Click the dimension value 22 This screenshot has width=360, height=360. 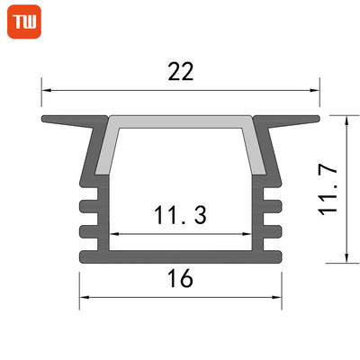point(181,73)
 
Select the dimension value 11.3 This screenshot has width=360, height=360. point(180,217)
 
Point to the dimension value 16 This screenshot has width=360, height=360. point(181,280)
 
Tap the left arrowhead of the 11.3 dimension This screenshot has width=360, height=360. point(113,234)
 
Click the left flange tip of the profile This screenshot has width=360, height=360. point(44,118)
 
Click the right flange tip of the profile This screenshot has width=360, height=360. point(317,118)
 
